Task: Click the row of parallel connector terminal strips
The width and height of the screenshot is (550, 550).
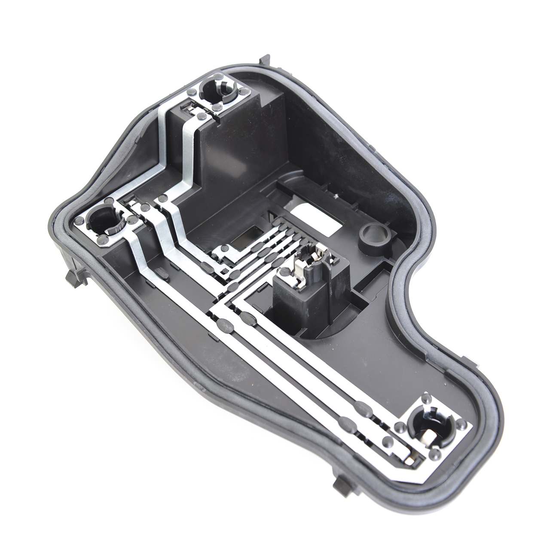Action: coord(258,254)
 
